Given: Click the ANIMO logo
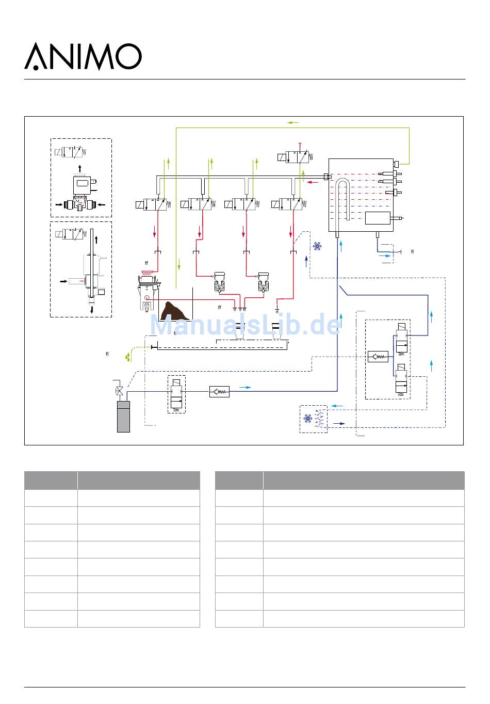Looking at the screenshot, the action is click(83, 56).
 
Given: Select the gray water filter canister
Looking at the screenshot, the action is click(123, 417).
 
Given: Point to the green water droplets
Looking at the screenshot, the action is click(128, 357).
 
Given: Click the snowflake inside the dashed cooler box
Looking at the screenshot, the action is click(307, 419).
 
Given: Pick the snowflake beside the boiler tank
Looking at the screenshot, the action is click(317, 246).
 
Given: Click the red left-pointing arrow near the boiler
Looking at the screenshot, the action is click(313, 182).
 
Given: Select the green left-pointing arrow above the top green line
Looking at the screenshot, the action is click(293, 122).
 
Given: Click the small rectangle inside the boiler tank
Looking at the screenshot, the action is click(378, 218).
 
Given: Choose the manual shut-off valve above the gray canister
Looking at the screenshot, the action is click(119, 391).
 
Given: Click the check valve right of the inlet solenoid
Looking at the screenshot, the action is click(219, 392).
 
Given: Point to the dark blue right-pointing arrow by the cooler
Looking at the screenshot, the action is click(339, 424).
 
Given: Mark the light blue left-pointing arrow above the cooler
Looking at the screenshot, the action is click(337, 406).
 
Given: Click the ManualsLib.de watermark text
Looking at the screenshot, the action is click(245, 324).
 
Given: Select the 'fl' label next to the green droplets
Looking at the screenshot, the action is click(107, 354).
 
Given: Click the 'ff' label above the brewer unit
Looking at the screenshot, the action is click(146, 263).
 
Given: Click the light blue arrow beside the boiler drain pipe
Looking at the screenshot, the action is click(385, 256).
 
